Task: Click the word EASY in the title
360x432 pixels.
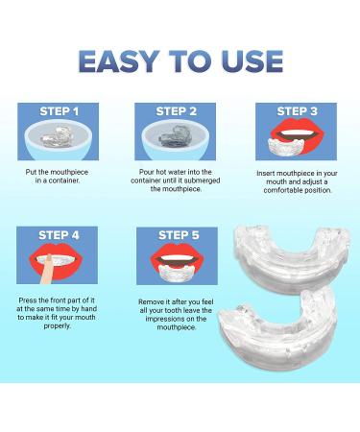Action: point(119,61)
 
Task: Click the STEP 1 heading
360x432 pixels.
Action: point(60,111)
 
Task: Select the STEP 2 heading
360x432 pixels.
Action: point(177,111)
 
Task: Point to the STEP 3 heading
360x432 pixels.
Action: point(297,111)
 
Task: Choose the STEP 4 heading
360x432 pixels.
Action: point(59,235)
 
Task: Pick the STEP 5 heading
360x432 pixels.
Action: point(179,235)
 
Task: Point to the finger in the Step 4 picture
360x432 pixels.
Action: point(45,270)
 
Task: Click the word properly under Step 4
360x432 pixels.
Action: point(58,326)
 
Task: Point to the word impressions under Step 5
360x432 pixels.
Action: point(176,319)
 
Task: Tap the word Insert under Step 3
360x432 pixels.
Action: point(265,173)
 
